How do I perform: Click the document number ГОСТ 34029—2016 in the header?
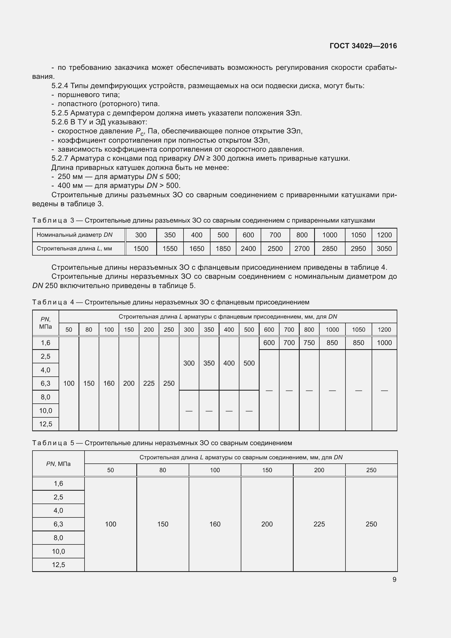[363, 46]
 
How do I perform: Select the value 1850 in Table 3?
[223, 249]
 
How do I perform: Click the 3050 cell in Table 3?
[384, 249]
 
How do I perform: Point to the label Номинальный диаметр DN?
[74, 235]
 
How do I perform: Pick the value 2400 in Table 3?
[248, 249]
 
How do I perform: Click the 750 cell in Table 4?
[309, 343]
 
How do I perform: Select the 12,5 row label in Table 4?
[46, 424]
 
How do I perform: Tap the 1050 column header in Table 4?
[358, 330]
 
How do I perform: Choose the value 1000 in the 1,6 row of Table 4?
[384, 343]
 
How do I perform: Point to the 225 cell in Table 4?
[149, 384]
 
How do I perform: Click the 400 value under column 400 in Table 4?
[229, 363]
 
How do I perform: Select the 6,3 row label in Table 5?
[58, 524]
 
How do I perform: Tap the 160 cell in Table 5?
[215, 524]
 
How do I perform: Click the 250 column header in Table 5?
[371, 470]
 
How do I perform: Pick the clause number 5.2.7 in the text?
[60, 158]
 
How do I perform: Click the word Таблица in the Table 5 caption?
[50, 443]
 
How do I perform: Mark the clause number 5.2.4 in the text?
[60, 86]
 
